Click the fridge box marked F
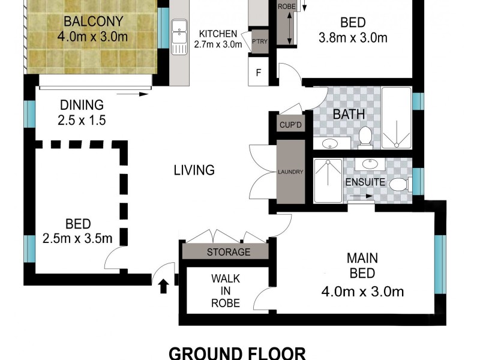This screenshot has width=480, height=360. (x=259, y=73)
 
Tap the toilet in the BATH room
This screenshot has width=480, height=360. (x=364, y=137)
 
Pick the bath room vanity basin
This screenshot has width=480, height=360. (x=329, y=143)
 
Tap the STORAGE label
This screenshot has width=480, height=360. (x=228, y=252)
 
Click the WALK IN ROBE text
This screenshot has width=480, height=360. (x=226, y=291)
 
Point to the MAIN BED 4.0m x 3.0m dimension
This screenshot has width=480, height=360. (x=362, y=292)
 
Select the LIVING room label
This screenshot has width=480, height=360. (x=194, y=170)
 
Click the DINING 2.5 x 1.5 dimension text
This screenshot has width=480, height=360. (x=82, y=120)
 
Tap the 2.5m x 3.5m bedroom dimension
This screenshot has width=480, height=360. (x=77, y=238)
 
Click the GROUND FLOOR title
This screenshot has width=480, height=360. (x=237, y=353)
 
